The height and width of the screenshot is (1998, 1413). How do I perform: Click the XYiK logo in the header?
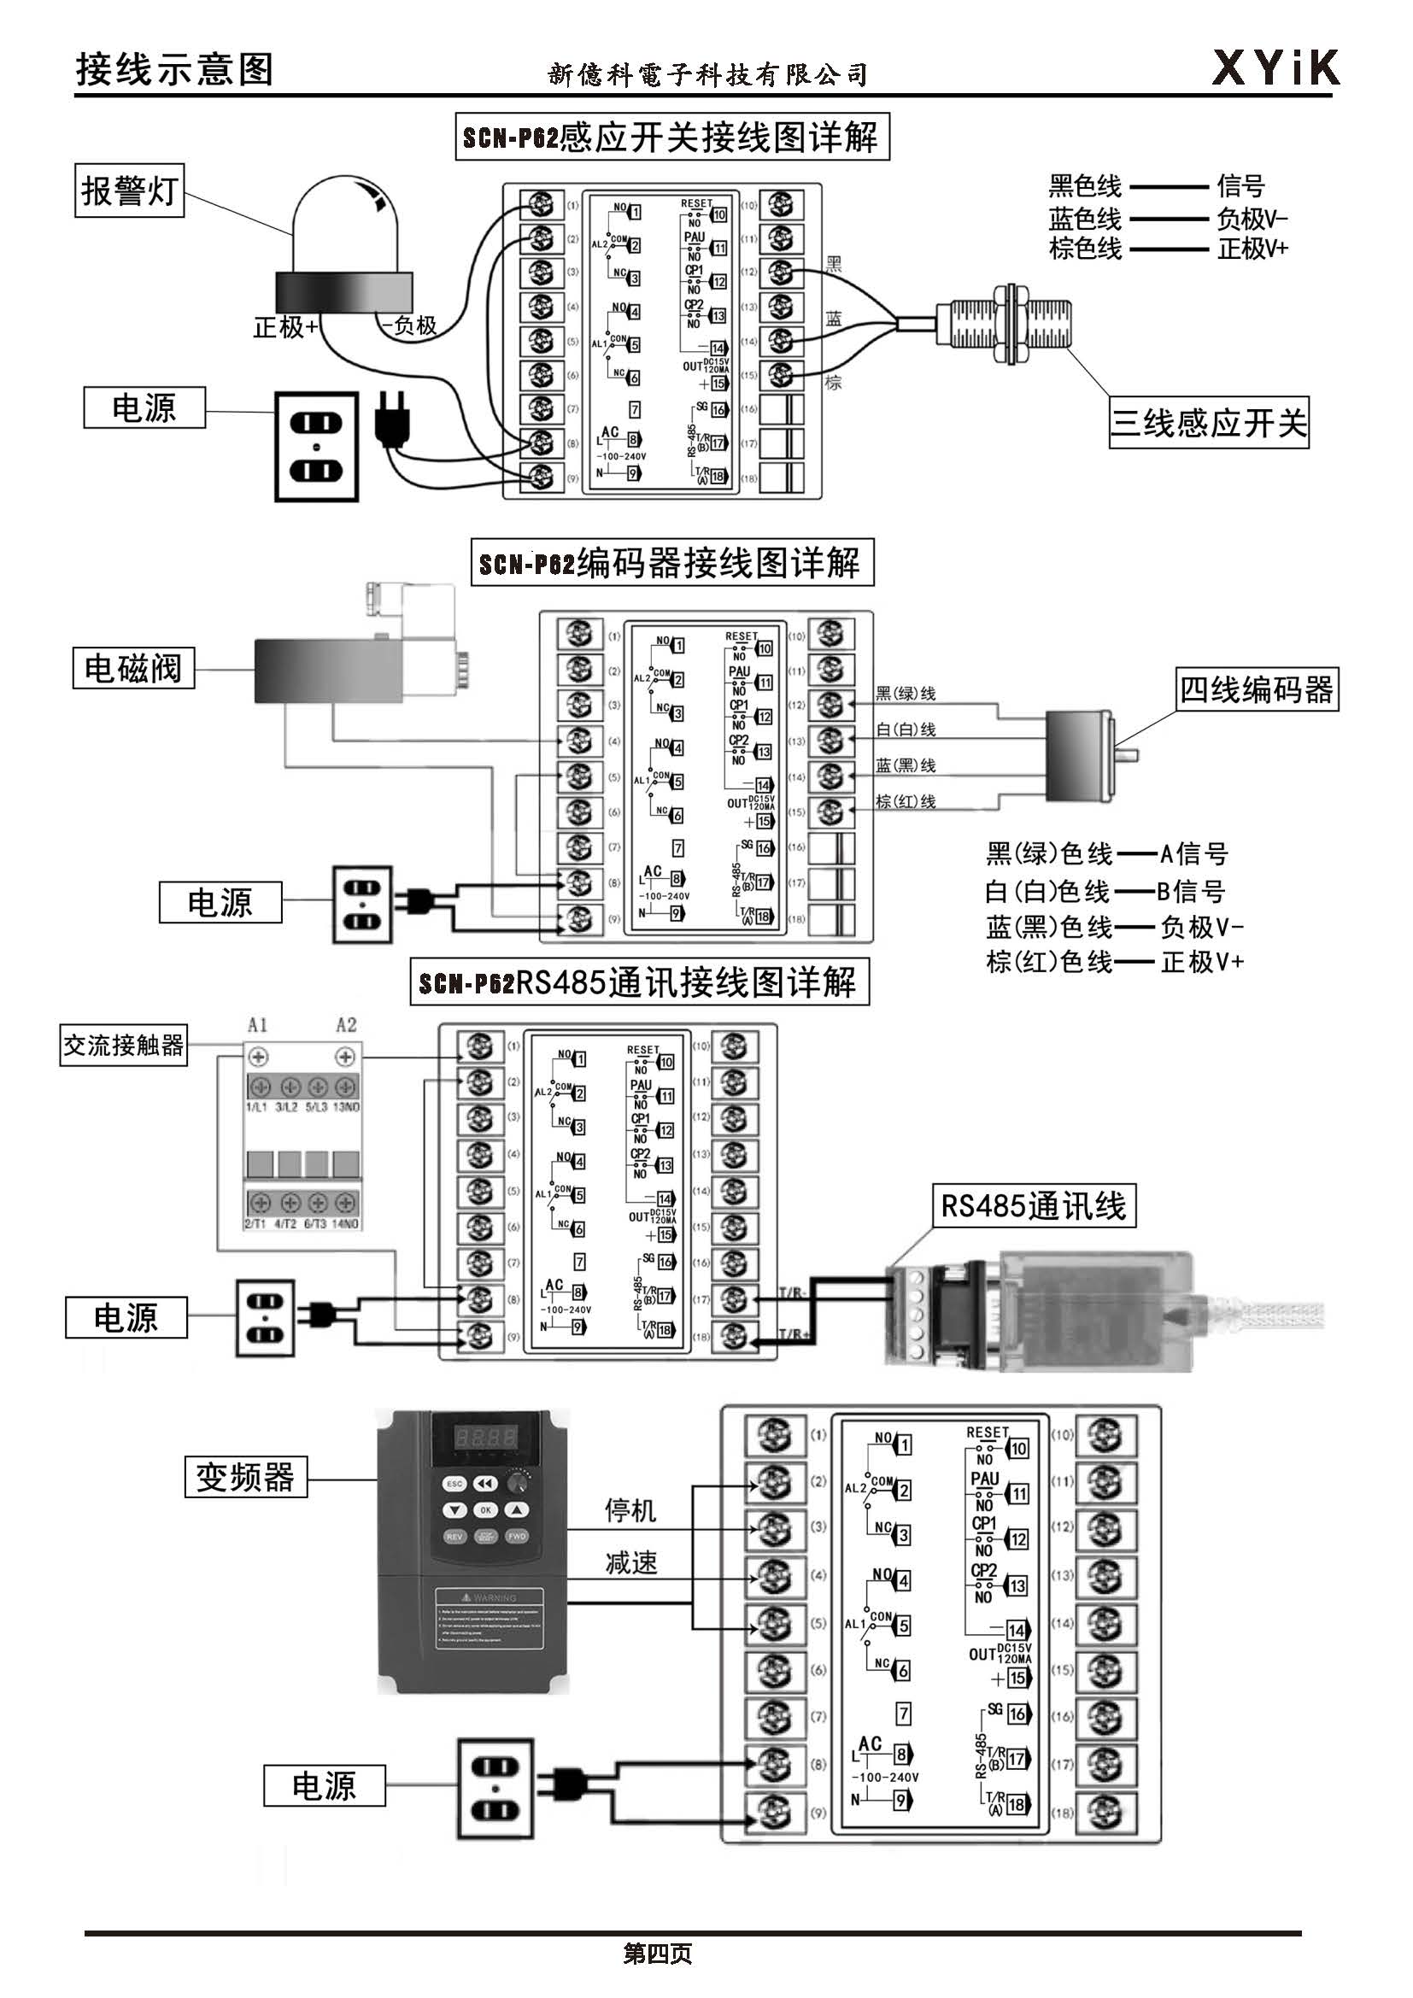tap(1275, 67)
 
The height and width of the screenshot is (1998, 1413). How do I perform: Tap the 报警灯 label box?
tap(129, 190)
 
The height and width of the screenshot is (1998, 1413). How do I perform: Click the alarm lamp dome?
tap(345, 226)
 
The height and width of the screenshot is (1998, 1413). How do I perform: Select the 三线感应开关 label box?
tap(1208, 423)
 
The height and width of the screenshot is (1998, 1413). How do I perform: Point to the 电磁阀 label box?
tap(133, 667)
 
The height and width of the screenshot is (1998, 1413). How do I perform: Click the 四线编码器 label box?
tap(1257, 690)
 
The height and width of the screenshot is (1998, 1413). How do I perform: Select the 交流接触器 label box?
tap(124, 1044)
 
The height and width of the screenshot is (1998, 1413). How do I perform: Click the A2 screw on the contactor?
tap(345, 1058)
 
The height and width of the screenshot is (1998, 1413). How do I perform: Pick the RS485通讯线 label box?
tap(1034, 1206)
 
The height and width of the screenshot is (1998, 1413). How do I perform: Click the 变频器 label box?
tap(245, 1477)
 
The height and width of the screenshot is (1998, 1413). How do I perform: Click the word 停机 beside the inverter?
tap(630, 1511)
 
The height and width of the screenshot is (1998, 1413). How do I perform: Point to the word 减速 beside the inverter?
tap(630, 1563)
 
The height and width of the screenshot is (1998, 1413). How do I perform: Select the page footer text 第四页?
tap(658, 1954)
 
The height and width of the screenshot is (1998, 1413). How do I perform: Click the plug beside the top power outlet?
tap(388, 419)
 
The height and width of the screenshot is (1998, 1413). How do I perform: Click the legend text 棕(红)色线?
tap(1048, 963)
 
